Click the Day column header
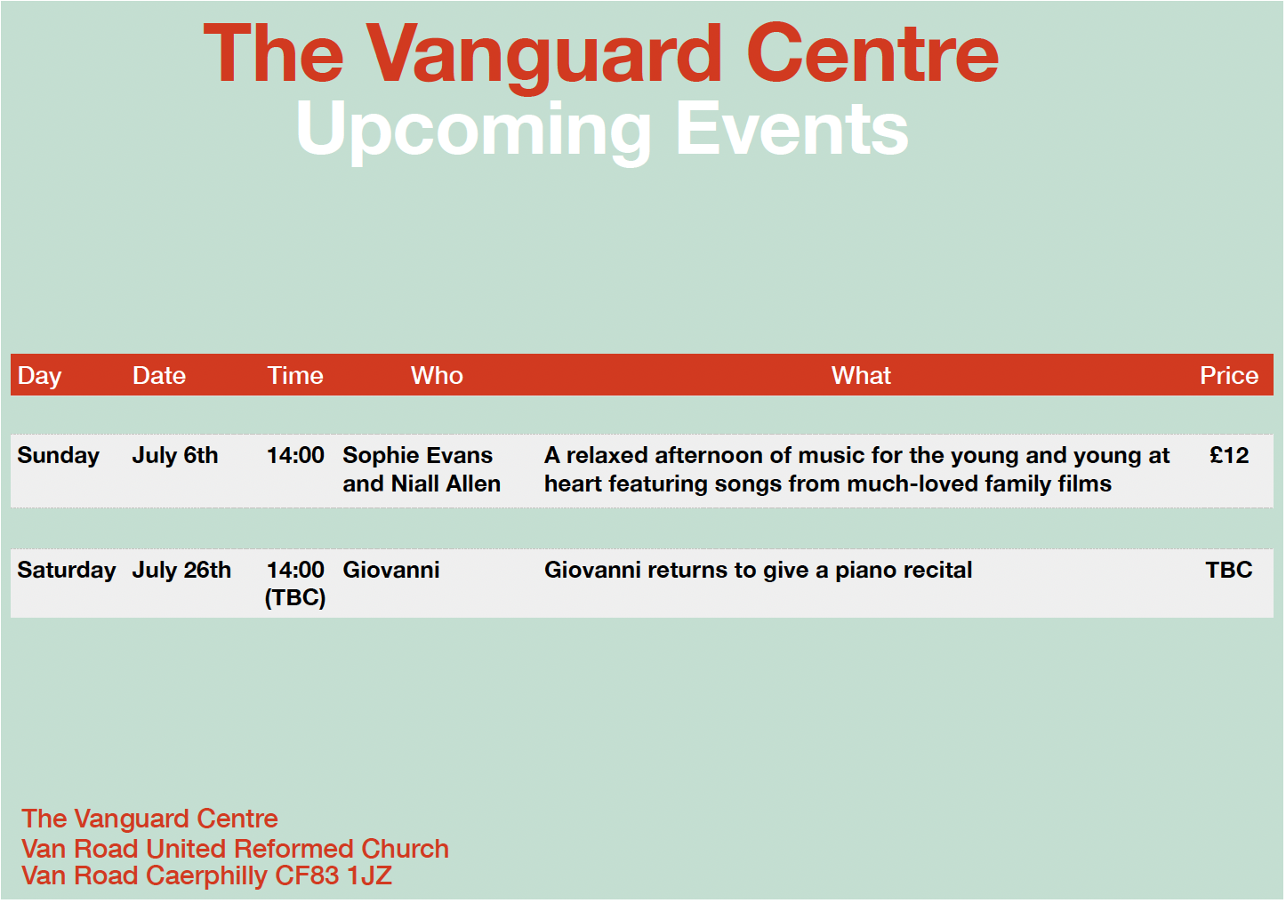coord(39,376)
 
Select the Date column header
coord(159,376)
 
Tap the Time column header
coord(295,376)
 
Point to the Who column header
coord(437,376)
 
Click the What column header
coord(861,376)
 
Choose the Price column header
coord(1229,376)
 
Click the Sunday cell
coord(58,457)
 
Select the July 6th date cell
coord(175,456)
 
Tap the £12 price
coord(1229,456)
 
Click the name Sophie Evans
coord(417,456)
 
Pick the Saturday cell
coord(67,571)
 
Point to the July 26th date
coord(181,571)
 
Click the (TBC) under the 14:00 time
coord(295,598)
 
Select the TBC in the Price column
coord(1229,571)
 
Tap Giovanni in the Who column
coord(391,571)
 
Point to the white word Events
coord(792,129)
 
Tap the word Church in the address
coord(405,849)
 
